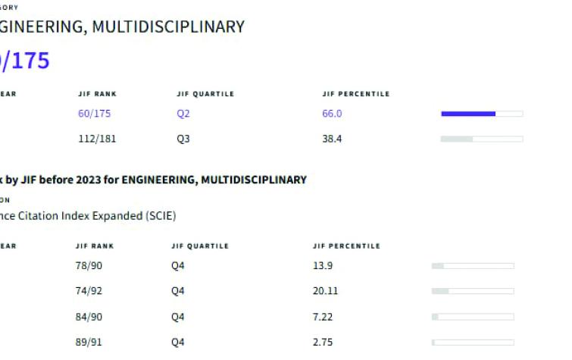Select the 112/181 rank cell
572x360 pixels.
[x=97, y=139]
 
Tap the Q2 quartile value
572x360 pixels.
[x=182, y=114]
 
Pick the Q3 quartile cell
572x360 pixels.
[x=182, y=139]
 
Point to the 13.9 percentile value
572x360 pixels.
[x=323, y=266]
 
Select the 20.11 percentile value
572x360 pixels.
[x=325, y=291]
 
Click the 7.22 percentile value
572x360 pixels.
[x=323, y=316]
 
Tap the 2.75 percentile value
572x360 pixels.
[x=323, y=342]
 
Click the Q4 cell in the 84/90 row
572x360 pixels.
[x=178, y=316]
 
